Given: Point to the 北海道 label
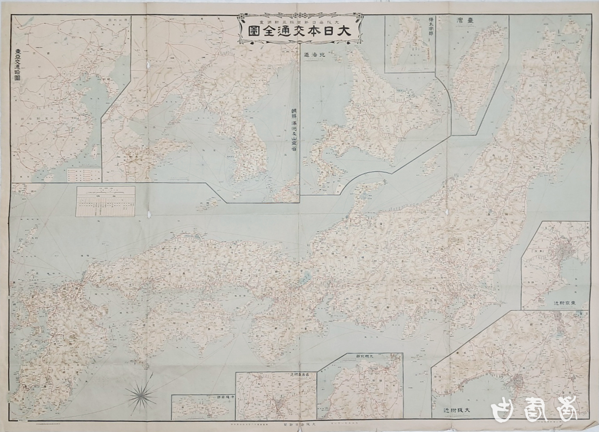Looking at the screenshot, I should click(318, 55).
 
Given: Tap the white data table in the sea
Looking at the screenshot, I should click(106, 201).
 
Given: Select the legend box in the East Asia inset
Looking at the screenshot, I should click(83, 174).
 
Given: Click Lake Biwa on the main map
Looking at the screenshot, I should click(303, 279).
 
